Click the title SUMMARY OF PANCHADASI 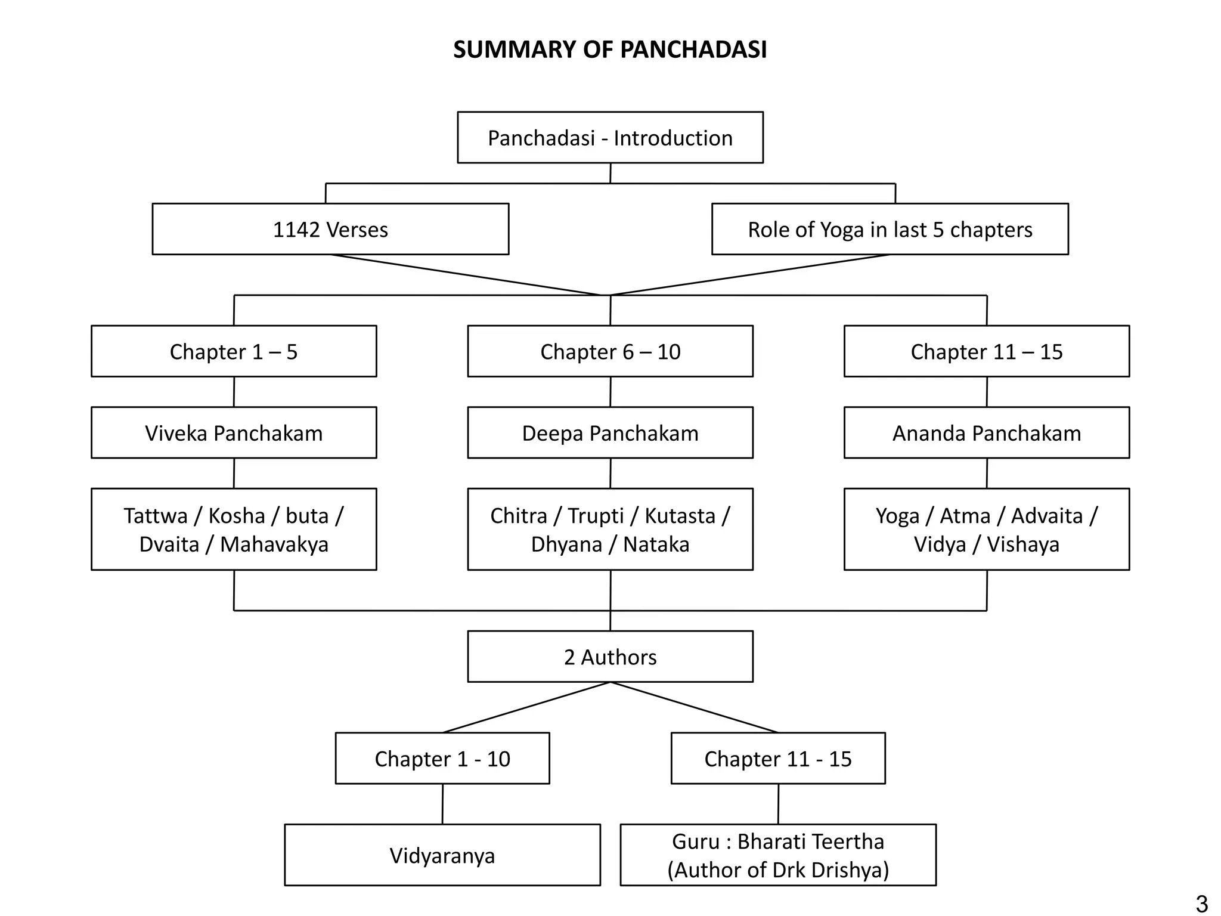[610, 49]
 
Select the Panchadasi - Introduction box [610, 138]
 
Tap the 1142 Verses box [330, 230]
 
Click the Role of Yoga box [890, 230]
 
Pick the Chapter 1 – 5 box [234, 352]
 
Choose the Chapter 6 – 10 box [610, 352]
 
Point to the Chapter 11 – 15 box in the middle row [986, 352]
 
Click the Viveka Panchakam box [234, 433]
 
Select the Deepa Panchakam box [610, 433]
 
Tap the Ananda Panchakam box [986, 433]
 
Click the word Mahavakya [274, 544]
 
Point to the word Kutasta [680, 516]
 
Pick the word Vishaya [1023, 544]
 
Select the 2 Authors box [610, 657]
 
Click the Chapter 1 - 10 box [442, 759]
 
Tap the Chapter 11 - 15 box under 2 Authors [778, 759]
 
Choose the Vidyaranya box [442, 855]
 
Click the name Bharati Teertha [810, 841]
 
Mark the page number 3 [1201, 903]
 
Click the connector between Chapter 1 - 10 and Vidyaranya [442, 804]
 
